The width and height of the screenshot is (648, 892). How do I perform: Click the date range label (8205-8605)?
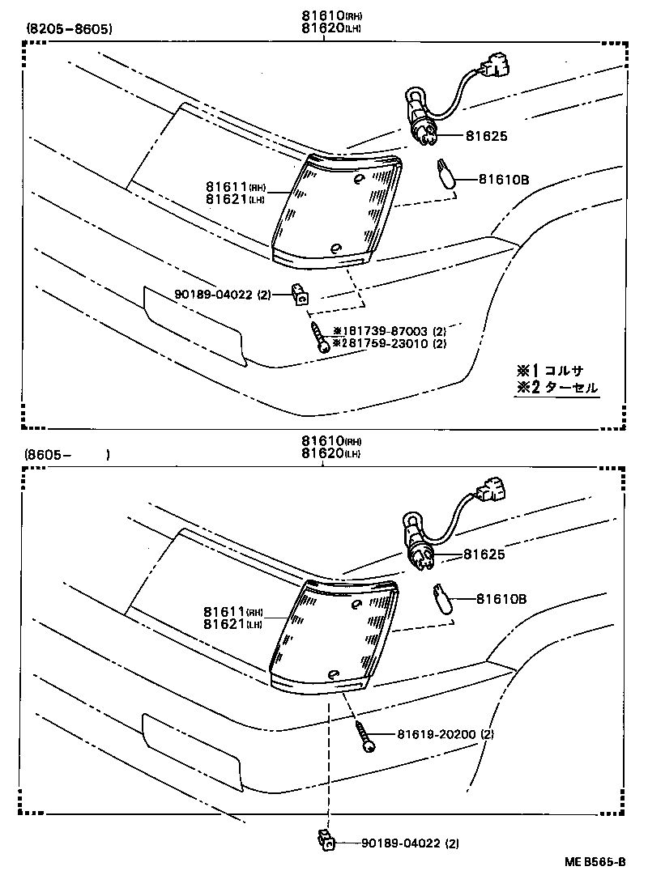[69, 29]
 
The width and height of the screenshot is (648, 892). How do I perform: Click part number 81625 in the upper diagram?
[486, 136]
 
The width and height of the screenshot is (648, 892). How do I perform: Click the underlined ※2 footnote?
[556, 388]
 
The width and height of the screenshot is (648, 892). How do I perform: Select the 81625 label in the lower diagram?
[484, 554]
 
